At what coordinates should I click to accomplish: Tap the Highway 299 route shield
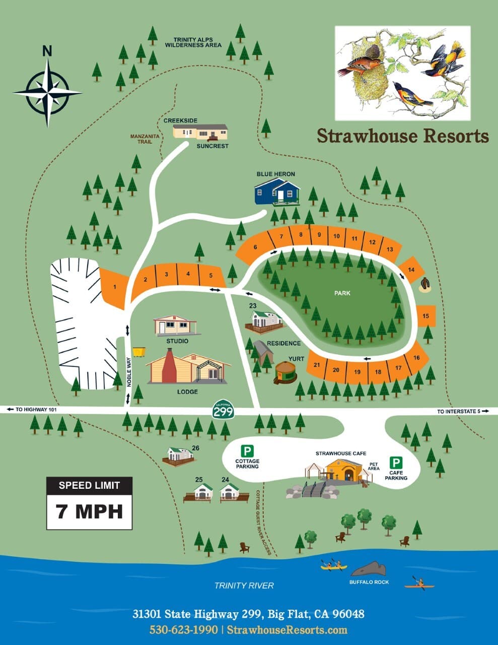pyautogui.click(x=223, y=411)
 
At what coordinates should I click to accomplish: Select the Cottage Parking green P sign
pyautogui.click(x=247, y=450)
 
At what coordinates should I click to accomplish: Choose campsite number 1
pyautogui.click(x=115, y=287)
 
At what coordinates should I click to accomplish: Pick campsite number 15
pyautogui.click(x=426, y=316)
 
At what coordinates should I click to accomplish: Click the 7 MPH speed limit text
pyautogui.click(x=90, y=511)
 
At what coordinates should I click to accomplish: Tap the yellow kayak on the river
pyautogui.click(x=334, y=566)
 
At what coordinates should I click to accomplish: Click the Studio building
pyautogui.click(x=175, y=326)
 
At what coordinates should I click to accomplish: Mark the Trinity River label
pyautogui.click(x=244, y=585)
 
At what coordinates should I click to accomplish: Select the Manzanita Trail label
pyautogui.click(x=145, y=139)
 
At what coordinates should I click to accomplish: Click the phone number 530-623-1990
pyautogui.click(x=183, y=630)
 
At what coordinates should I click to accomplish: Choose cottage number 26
pyautogui.click(x=178, y=455)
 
